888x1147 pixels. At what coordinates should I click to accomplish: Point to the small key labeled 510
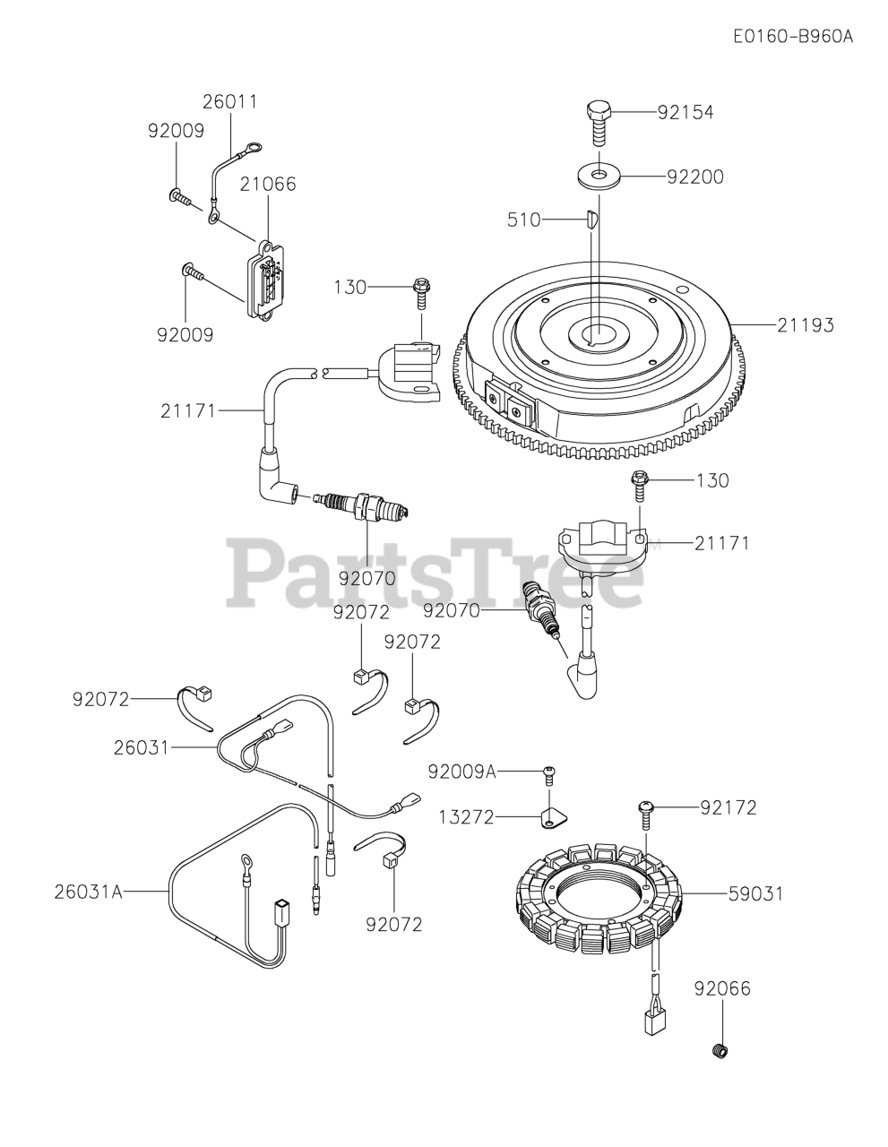click(591, 218)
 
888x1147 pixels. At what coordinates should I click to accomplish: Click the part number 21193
click(805, 325)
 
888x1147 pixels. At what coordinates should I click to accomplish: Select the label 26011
click(229, 102)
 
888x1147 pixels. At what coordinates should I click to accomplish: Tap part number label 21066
click(267, 184)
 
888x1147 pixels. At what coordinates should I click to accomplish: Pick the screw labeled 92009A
click(550, 772)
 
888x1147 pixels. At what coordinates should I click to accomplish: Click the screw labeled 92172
click(647, 808)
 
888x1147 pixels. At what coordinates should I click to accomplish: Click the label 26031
click(141, 746)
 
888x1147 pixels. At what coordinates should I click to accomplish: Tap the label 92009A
click(461, 772)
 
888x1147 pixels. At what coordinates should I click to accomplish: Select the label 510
click(524, 219)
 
